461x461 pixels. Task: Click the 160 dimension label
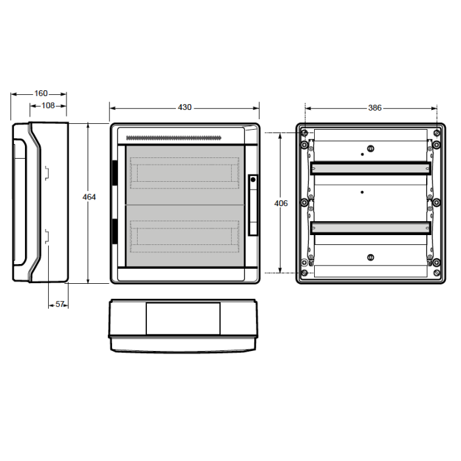point(41,94)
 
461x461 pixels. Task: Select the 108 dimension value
point(48,105)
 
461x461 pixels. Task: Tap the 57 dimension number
point(60,304)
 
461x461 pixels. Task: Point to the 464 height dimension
point(89,197)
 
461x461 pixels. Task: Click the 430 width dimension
point(184,107)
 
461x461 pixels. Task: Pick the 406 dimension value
point(281,203)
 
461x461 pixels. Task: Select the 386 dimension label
point(375,108)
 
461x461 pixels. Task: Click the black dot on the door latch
point(253,179)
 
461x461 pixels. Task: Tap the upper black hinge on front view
point(115,173)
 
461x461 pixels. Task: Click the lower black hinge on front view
point(115,231)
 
